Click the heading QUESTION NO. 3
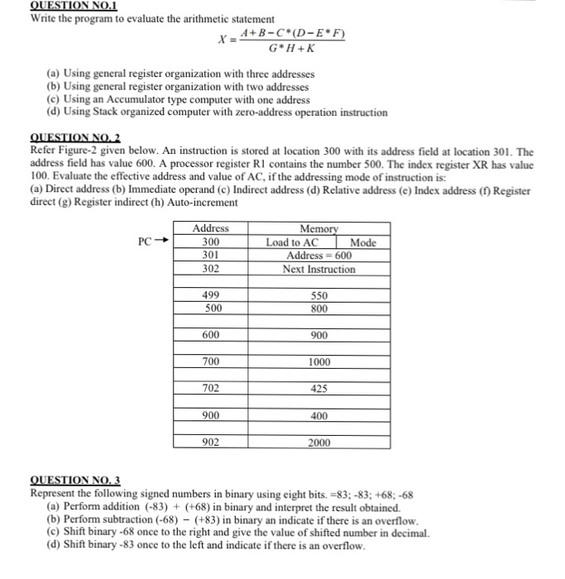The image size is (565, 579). coord(74,480)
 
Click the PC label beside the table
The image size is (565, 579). coord(146,242)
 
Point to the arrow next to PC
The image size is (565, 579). coord(163,242)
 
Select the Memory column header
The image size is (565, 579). coord(319,228)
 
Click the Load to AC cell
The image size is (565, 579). coord(292,242)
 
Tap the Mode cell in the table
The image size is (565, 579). coord(363,242)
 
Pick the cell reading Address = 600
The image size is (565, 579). coord(319,256)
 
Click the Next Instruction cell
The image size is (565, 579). coord(319,270)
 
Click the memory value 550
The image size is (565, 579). coord(319,295)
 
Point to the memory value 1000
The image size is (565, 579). coord(319,362)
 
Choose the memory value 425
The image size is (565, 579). coord(319,389)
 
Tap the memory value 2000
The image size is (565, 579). coord(319,443)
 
